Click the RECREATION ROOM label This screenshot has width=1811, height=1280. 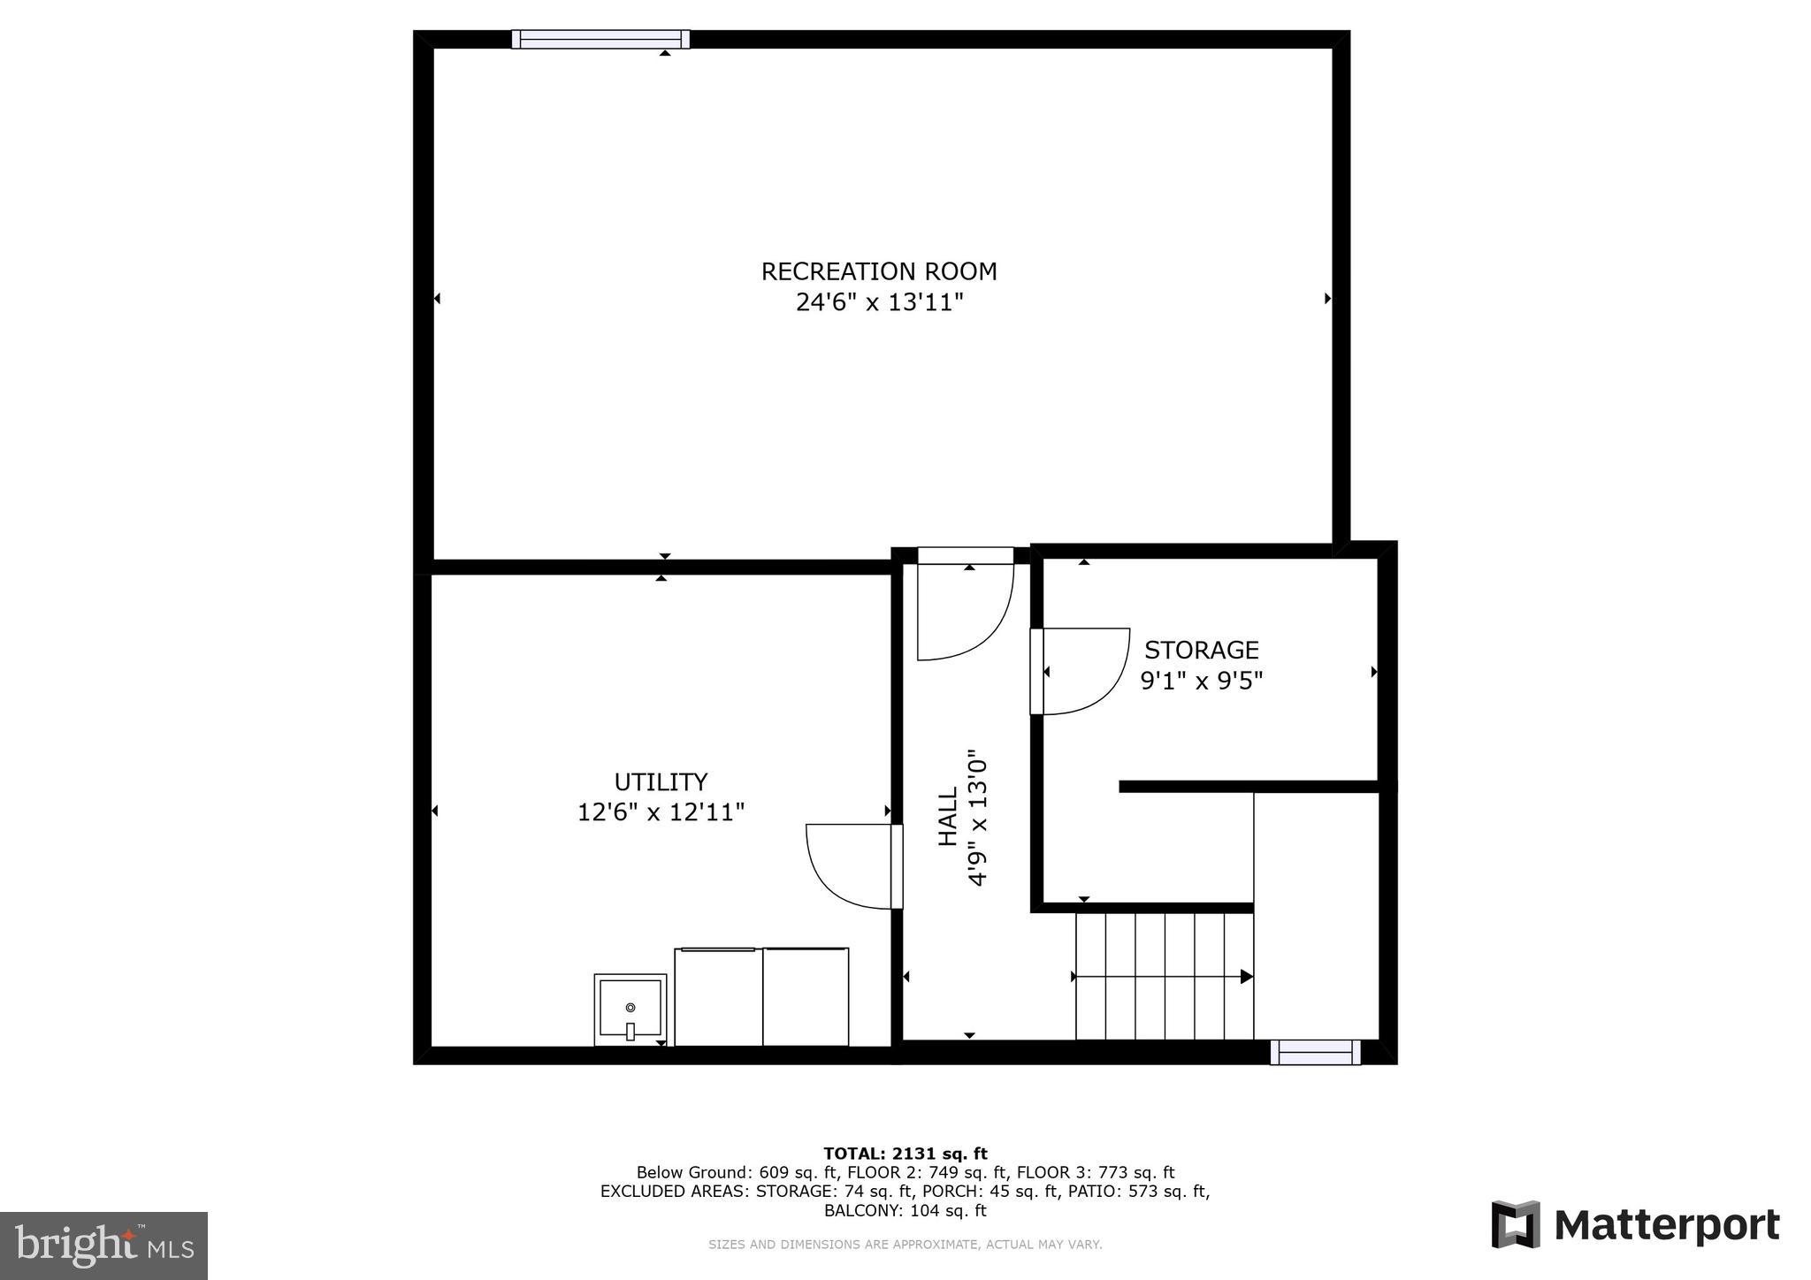tap(879, 271)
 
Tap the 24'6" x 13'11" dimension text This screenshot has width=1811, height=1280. tap(879, 303)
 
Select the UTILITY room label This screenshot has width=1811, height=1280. tap(661, 782)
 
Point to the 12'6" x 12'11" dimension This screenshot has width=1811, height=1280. tap(661, 812)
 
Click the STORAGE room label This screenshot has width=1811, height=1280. tap(1201, 651)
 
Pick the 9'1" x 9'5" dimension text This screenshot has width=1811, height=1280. tap(1201, 682)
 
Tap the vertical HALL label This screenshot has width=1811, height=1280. tap(947, 817)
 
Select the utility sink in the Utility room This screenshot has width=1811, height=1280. tap(630, 1010)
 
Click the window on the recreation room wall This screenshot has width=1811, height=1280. tap(600, 39)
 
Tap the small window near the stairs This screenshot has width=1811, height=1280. tap(1315, 1052)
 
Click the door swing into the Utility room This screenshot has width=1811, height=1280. tap(849, 866)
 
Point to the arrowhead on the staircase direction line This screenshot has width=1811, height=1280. tap(1246, 977)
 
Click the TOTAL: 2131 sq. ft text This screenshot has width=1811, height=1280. tap(905, 1154)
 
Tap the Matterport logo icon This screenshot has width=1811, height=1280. tap(1516, 1224)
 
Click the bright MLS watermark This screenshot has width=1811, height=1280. tap(103, 1246)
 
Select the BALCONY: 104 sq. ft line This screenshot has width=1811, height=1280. tap(905, 1211)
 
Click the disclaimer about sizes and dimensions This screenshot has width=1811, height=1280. tap(905, 1245)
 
